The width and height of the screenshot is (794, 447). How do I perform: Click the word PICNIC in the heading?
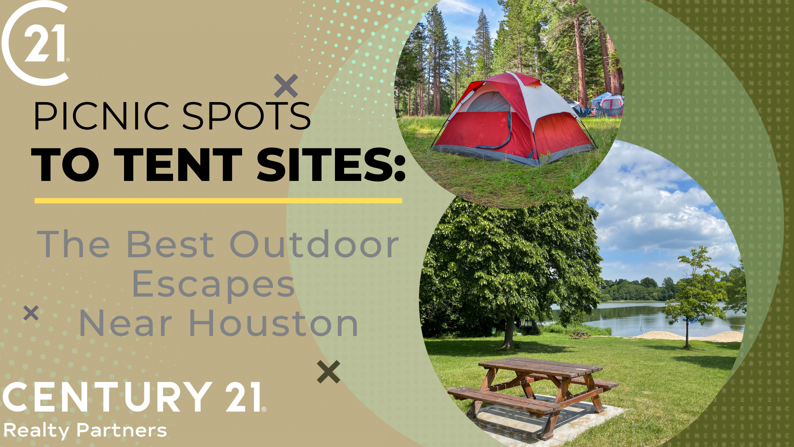coord(101,116)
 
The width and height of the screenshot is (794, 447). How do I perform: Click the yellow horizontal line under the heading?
coord(218,201)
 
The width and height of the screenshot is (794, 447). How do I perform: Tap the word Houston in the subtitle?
coord(274,323)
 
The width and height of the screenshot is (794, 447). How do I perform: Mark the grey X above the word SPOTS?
coord(286,86)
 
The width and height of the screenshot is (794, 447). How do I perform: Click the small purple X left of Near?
coord(31,313)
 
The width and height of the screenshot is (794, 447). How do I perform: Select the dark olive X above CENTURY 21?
coord(328,372)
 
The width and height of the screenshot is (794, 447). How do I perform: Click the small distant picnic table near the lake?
coord(580,335)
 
